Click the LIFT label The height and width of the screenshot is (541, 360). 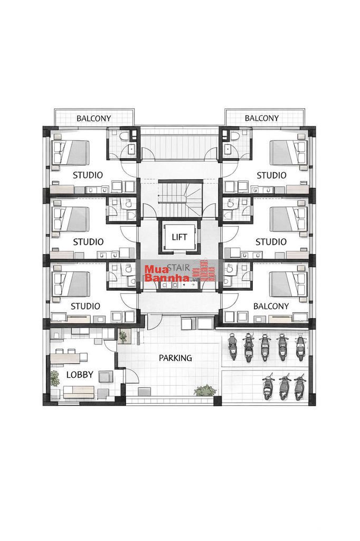pos(179,237)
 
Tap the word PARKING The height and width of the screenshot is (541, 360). pos(175,358)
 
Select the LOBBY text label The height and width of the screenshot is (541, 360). pos(80,375)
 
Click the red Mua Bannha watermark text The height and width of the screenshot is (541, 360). pos(167,273)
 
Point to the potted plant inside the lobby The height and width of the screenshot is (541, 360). pos(54,378)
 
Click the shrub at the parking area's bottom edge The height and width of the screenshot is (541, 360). pos(205,390)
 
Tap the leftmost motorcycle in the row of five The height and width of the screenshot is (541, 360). pos(233,347)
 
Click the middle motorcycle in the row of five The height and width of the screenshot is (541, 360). pos(265,347)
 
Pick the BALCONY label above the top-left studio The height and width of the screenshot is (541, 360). pos(94,118)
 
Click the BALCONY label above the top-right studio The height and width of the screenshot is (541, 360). pos(262,118)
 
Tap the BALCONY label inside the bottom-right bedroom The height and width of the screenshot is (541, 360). pos(271,306)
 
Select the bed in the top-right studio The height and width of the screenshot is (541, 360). pos(289,152)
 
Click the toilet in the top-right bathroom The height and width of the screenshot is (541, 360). pos(235,137)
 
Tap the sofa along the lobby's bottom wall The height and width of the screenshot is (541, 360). pos(79,392)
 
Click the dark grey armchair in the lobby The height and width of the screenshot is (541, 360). pos(106,376)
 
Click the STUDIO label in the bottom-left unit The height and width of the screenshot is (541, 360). pos(85,306)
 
